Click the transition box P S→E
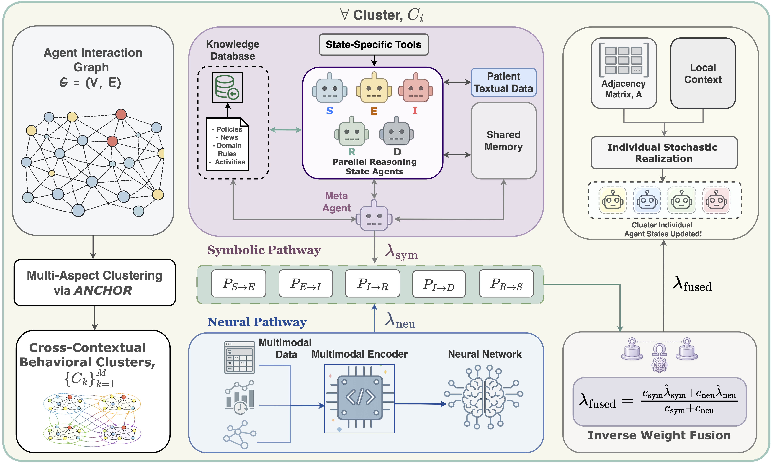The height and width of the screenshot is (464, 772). pos(239,284)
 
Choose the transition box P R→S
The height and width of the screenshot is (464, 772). pos(506,284)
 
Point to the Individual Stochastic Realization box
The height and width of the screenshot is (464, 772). pos(664,153)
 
